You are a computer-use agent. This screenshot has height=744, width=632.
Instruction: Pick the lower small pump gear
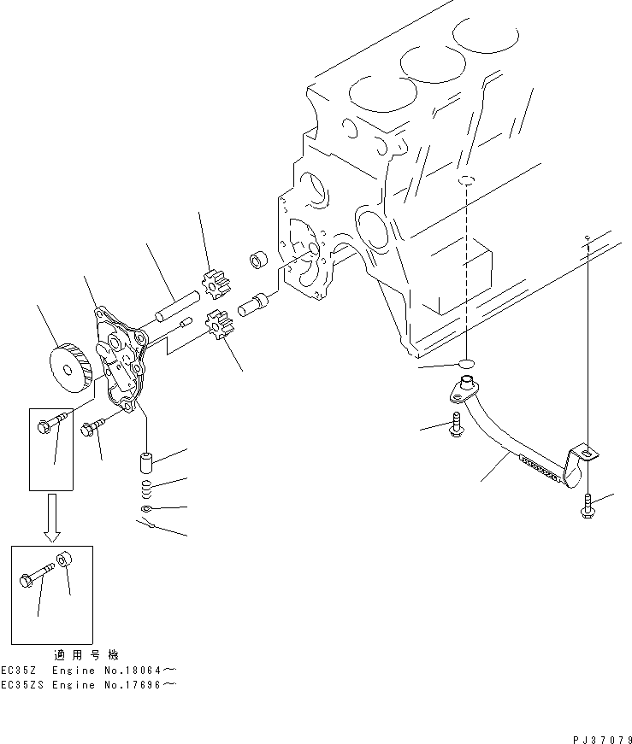[221, 327]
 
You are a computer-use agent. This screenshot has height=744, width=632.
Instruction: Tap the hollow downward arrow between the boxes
[52, 517]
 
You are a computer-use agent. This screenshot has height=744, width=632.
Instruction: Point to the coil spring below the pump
[145, 488]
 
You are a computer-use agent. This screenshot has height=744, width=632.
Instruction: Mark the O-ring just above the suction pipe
[465, 364]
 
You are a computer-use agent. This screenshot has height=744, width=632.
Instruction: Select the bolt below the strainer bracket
[587, 505]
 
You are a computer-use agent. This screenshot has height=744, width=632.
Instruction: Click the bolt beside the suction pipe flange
[455, 425]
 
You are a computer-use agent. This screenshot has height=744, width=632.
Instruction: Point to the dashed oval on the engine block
[464, 181]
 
